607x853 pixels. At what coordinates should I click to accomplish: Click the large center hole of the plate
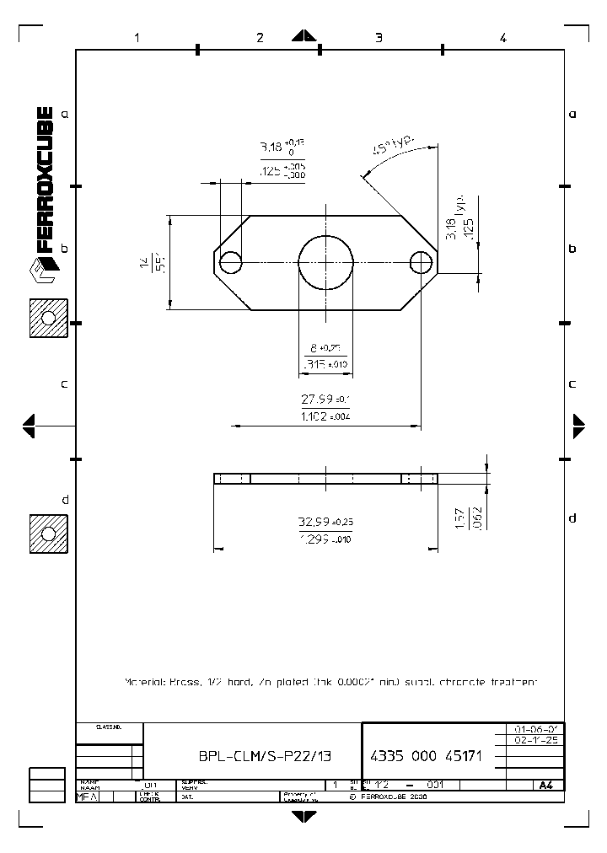point(325,262)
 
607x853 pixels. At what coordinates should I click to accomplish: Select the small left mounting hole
point(231,263)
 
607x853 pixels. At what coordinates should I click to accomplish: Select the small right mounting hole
point(421,263)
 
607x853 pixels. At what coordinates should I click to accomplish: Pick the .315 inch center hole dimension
point(325,364)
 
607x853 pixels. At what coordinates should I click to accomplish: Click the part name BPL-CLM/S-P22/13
point(254,756)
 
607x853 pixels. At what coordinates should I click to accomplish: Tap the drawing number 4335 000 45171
point(426,756)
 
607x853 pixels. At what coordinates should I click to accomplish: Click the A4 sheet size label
point(545,785)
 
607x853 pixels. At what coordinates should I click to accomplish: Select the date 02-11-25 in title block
point(534,740)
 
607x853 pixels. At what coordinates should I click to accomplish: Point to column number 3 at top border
point(379,37)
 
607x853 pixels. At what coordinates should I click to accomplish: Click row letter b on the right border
point(572,249)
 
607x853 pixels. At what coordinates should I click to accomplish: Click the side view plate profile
point(325,479)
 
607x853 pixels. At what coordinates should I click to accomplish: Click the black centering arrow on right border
point(579,426)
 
